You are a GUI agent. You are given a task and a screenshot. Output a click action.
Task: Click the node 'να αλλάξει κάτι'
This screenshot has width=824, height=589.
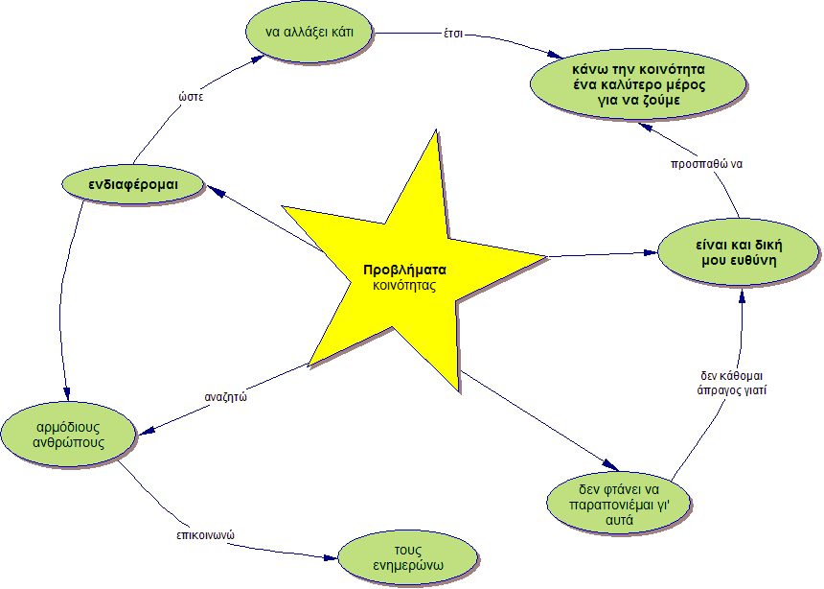[309, 33]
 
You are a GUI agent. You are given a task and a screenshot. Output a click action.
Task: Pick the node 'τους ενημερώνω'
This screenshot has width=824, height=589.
[407, 556]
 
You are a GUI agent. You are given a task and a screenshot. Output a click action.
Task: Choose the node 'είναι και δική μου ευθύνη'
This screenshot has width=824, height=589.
[737, 251]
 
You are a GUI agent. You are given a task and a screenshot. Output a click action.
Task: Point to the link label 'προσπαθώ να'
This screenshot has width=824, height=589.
[707, 163]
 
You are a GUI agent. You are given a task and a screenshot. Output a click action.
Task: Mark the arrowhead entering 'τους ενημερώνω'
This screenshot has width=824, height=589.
[334, 554]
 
